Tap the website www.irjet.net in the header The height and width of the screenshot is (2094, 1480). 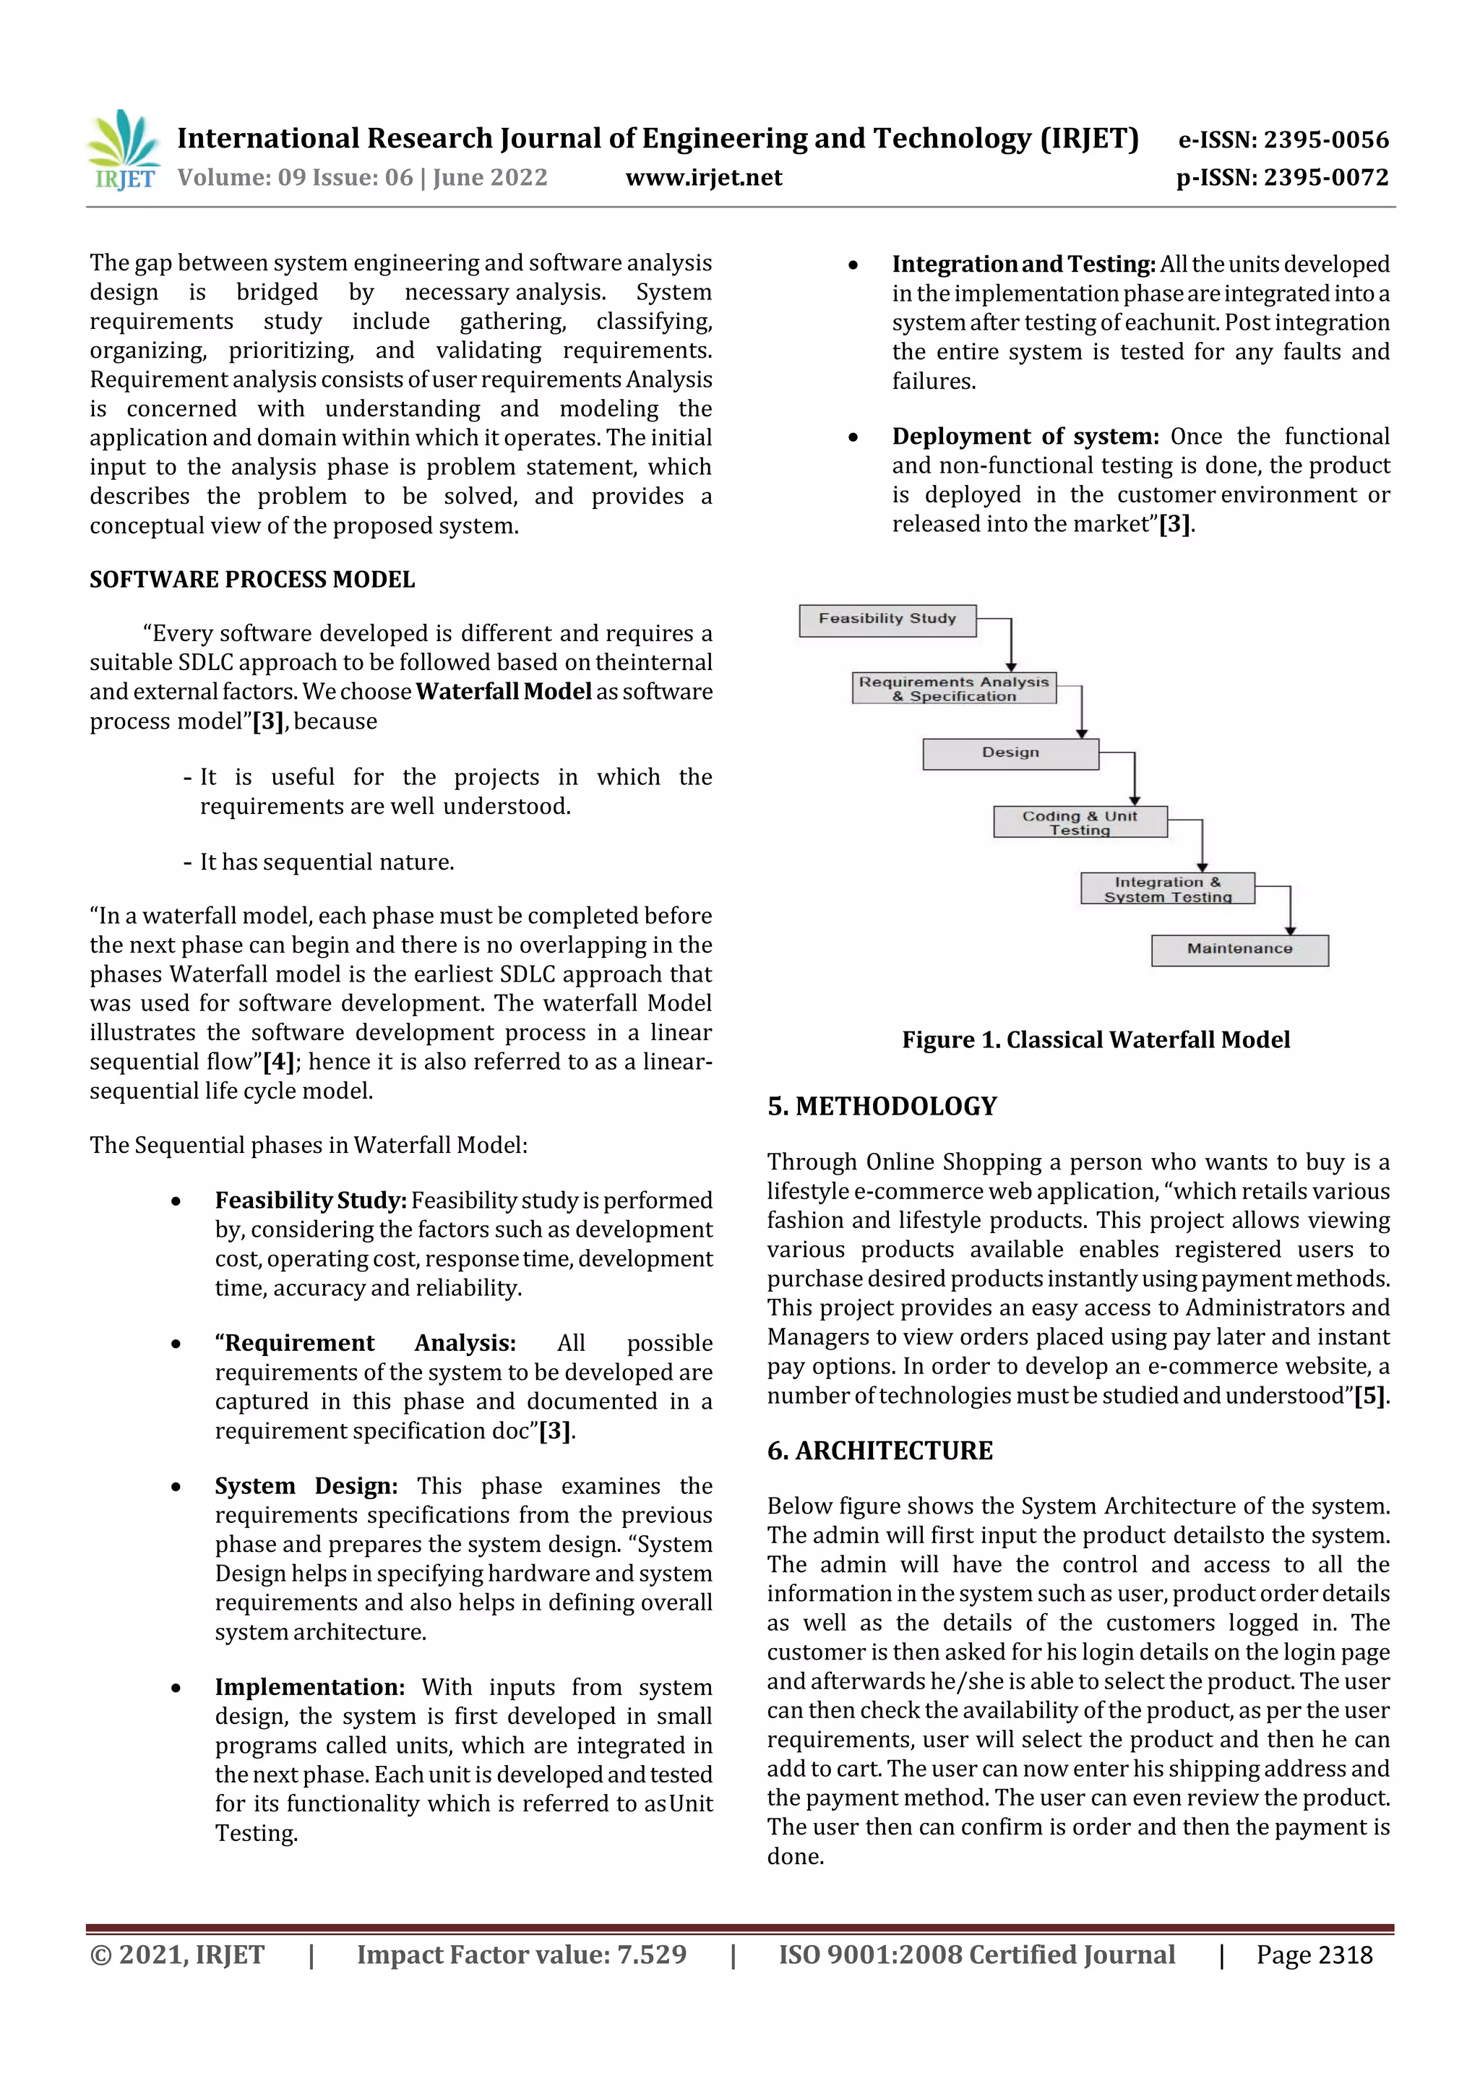703,178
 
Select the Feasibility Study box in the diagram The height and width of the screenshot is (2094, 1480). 887,619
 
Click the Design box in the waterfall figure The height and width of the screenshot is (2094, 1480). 1010,753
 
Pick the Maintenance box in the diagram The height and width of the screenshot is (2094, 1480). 1239,949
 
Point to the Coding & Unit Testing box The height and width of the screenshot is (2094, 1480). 1079,822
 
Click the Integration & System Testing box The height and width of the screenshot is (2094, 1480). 1166,888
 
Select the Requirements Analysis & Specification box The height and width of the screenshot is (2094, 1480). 953,689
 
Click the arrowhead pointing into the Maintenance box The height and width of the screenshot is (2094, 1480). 1289,930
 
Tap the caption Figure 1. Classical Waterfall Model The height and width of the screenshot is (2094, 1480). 1095,1039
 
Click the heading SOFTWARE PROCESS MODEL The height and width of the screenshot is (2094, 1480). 251,580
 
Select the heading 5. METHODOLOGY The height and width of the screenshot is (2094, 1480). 882,1107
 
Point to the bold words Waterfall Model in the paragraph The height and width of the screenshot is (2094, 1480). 504,691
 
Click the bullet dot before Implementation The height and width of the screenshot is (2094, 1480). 175,1688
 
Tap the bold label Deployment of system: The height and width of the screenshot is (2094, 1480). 1025,437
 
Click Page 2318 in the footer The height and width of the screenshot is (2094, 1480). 1313,1954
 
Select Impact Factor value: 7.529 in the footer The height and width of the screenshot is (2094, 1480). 521,1954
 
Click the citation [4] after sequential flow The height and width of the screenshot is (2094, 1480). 278,1063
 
